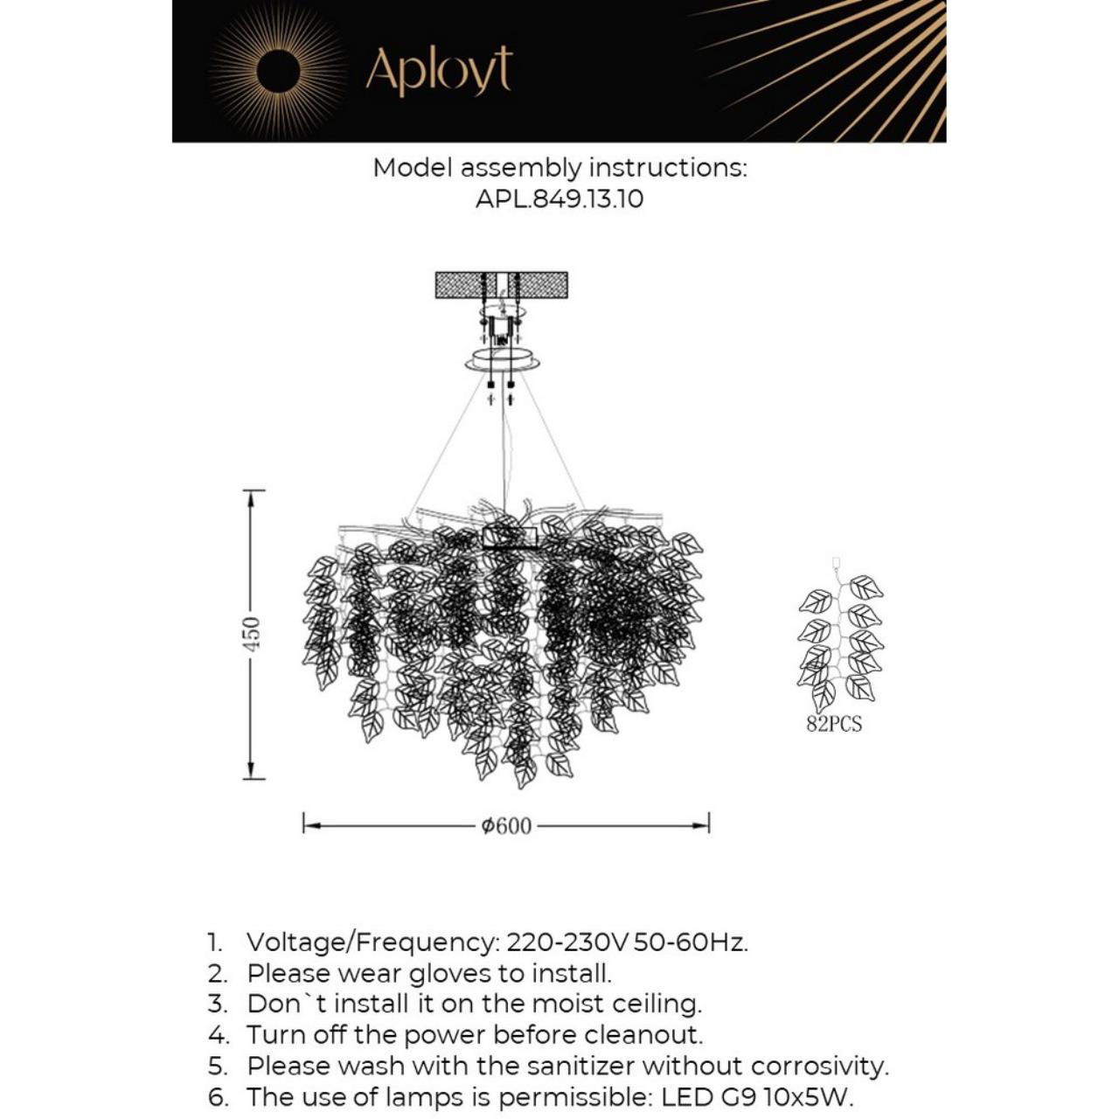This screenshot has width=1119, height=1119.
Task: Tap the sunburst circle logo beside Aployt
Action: pyautogui.click(x=279, y=71)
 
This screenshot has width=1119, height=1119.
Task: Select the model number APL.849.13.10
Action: pyautogui.click(x=559, y=198)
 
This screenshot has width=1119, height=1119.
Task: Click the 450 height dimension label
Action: pyautogui.click(x=251, y=634)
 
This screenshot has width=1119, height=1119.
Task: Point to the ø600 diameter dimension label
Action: pyautogui.click(x=506, y=826)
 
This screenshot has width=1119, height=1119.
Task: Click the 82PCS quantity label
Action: pyautogui.click(x=833, y=724)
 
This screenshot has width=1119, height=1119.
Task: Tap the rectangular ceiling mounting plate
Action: pyautogui.click(x=501, y=285)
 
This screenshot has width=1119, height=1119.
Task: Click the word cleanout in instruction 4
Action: pyautogui.click(x=643, y=1035)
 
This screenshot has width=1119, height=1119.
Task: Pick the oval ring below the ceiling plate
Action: pyautogui.click(x=502, y=360)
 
